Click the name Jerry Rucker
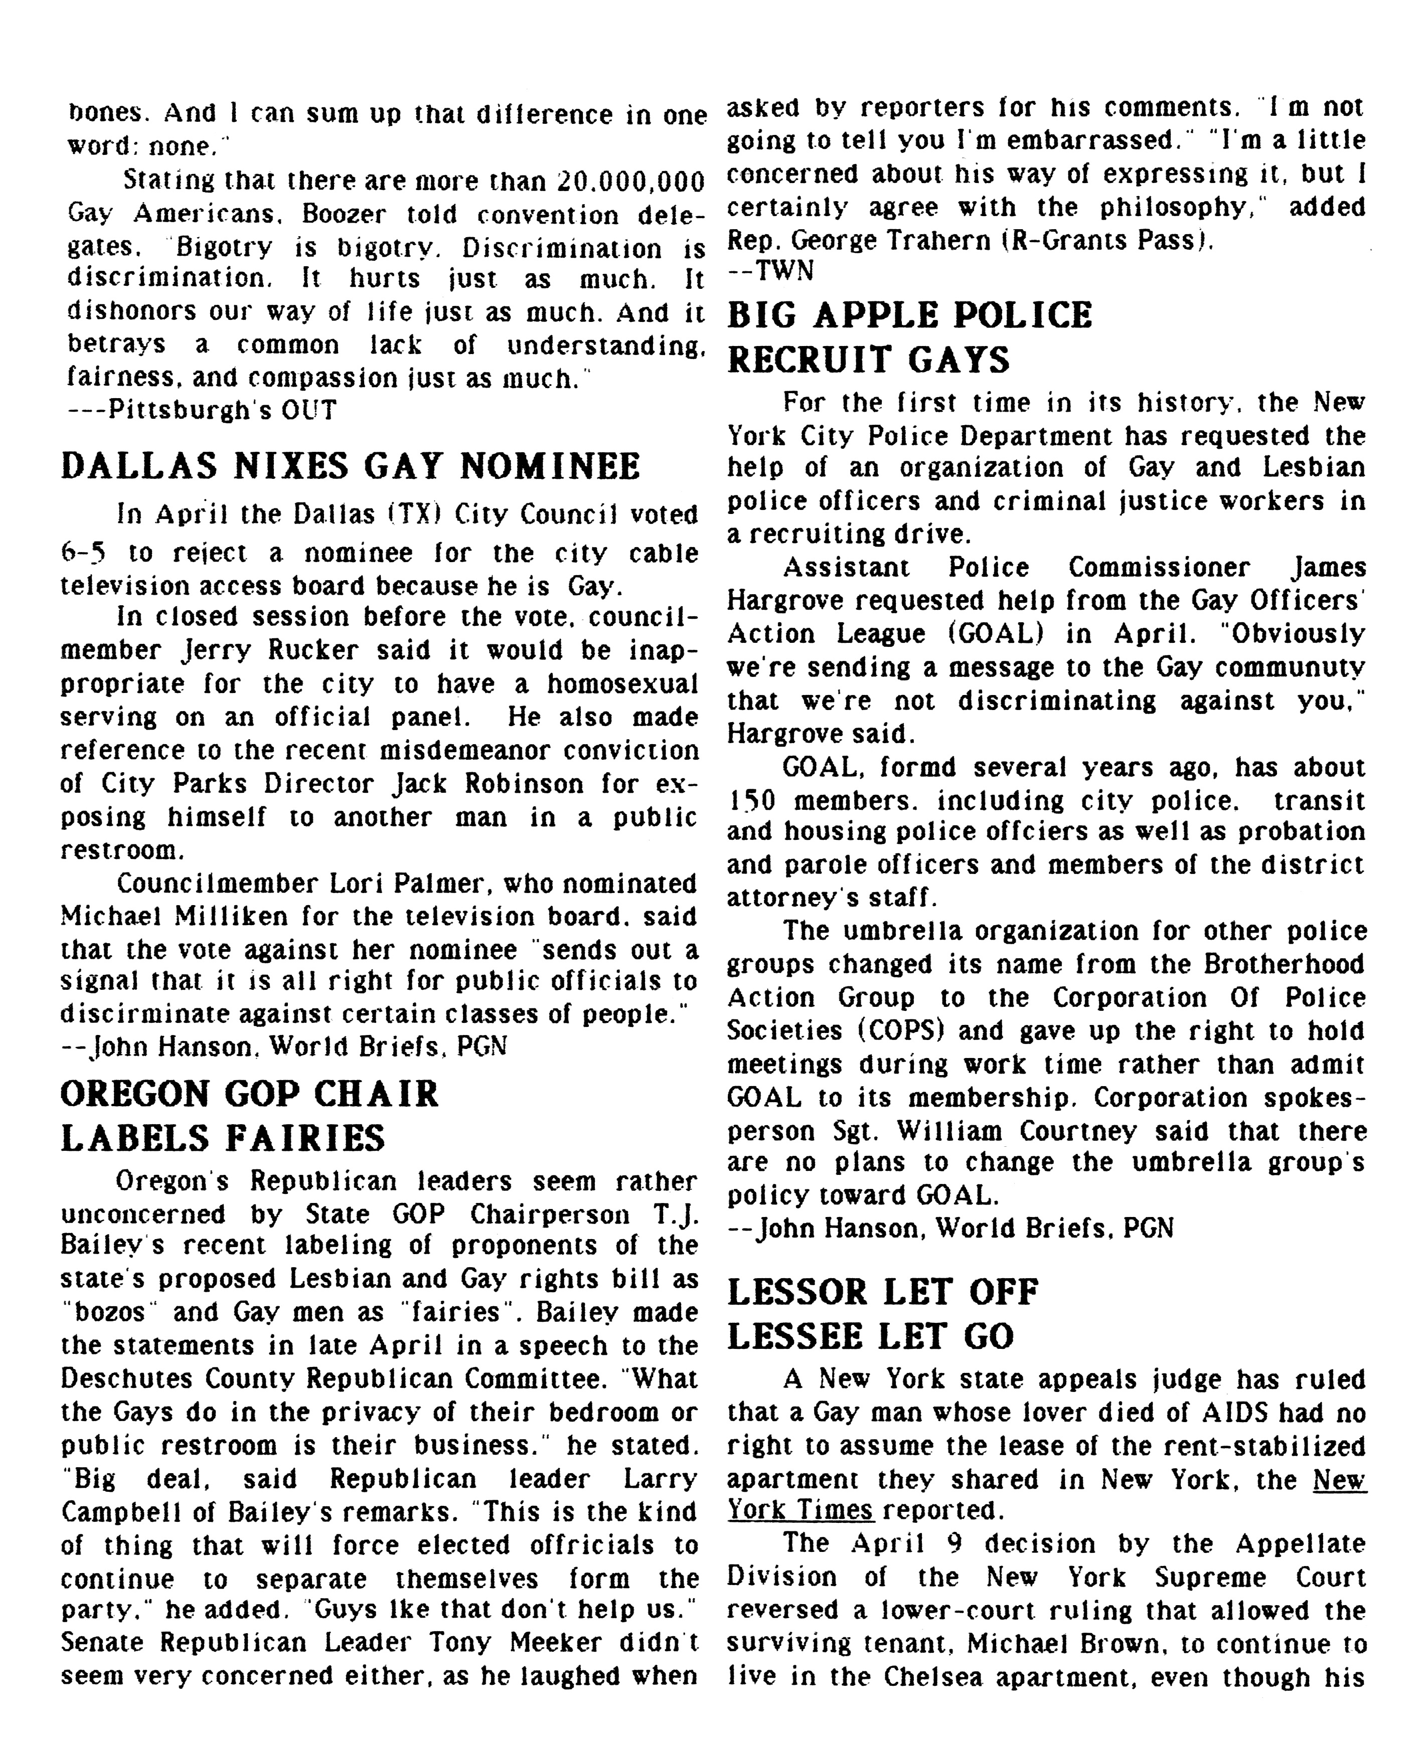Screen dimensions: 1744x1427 [x=270, y=650]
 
